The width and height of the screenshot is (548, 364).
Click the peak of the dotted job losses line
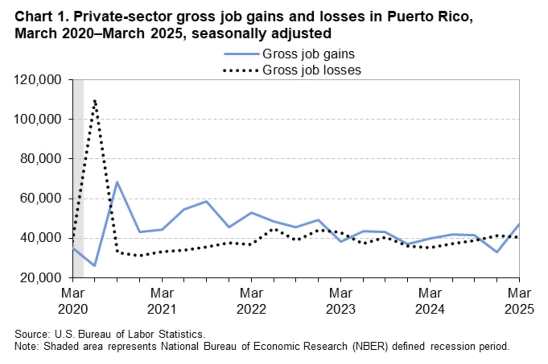(x=95, y=100)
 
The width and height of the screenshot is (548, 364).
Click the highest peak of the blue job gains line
(x=117, y=182)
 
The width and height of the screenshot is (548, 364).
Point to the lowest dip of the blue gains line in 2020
(x=95, y=266)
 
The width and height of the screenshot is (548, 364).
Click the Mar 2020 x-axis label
(x=73, y=300)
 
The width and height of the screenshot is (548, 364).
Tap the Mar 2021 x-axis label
(x=162, y=300)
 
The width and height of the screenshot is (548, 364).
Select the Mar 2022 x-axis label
(x=251, y=300)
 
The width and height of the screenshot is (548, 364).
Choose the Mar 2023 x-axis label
(x=340, y=300)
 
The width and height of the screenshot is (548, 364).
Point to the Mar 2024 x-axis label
(x=429, y=300)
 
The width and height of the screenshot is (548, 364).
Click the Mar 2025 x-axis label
(x=518, y=300)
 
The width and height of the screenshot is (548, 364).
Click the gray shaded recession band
(x=78, y=183)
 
